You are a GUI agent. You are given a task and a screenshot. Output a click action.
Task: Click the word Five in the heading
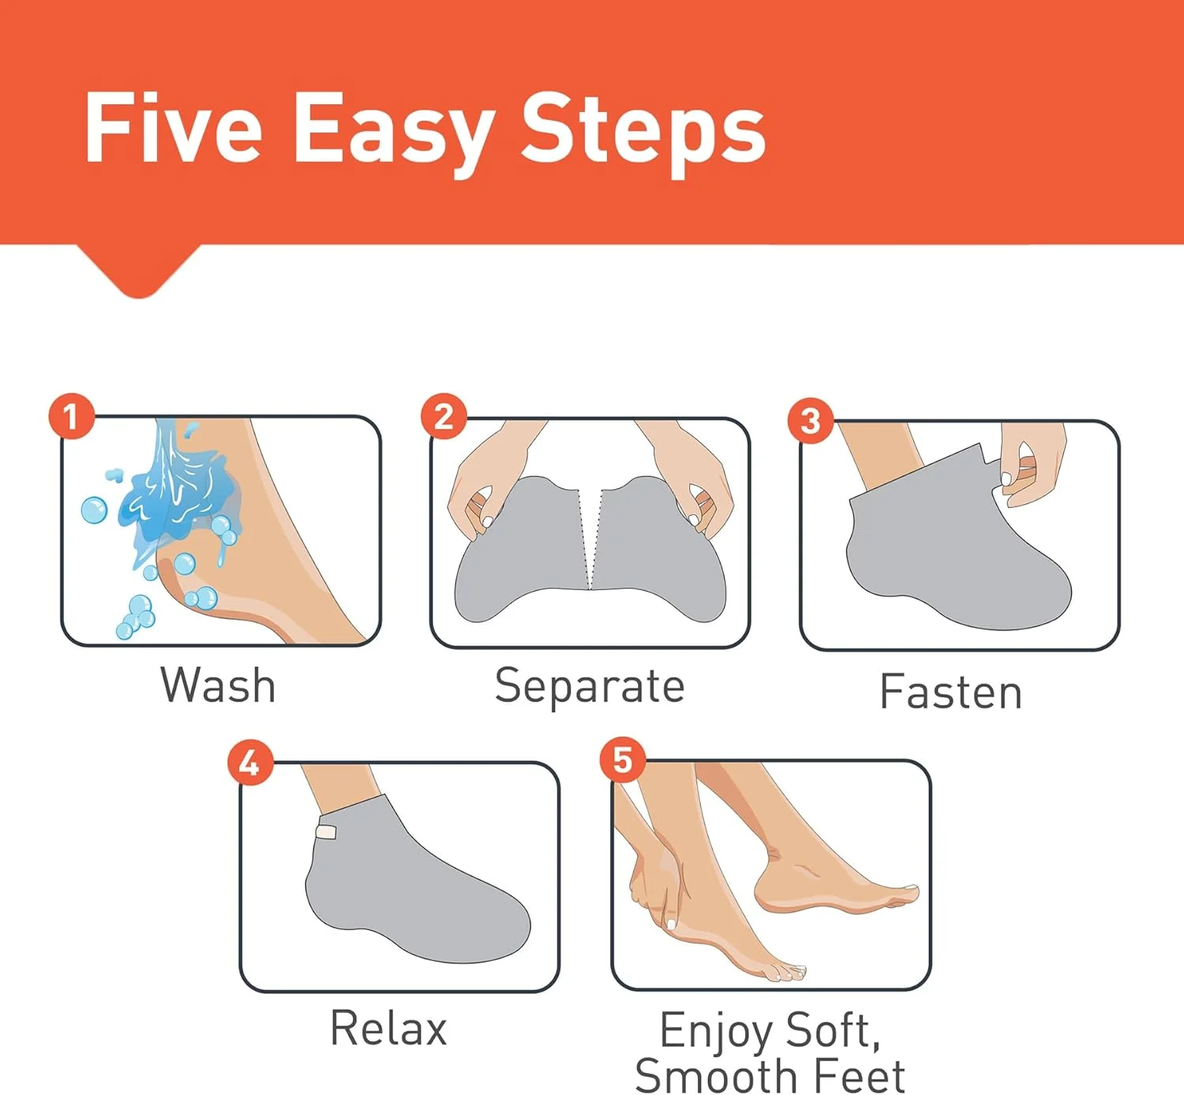click(x=174, y=128)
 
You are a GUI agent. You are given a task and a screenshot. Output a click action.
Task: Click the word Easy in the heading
click(x=394, y=135)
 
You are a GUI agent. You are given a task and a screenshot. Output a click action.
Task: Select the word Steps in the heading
click(x=643, y=135)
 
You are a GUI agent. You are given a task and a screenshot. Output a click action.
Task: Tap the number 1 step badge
click(x=72, y=416)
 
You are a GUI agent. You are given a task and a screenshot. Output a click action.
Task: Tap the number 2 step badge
click(x=444, y=416)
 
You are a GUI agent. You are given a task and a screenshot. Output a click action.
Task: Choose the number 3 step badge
click(x=811, y=420)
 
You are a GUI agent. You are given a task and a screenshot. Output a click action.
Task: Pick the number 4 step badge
click(x=250, y=762)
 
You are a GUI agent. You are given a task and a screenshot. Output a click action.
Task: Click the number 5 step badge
click(x=623, y=760)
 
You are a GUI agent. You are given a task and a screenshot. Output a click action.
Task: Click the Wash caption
click(x=218, y=685)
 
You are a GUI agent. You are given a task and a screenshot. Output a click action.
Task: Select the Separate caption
click(x=590, y=687)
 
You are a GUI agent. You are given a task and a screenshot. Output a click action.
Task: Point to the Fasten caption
click(x=951, y=691)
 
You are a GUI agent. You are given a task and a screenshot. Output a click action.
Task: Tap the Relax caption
click(x=388, y=1028)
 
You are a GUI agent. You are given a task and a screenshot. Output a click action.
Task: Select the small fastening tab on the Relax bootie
click(x=326, y=832)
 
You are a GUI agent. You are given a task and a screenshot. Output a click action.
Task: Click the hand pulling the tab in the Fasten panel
click(x=1032, y=465)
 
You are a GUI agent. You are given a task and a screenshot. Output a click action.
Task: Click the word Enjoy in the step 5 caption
click(x=715, y=1031)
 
